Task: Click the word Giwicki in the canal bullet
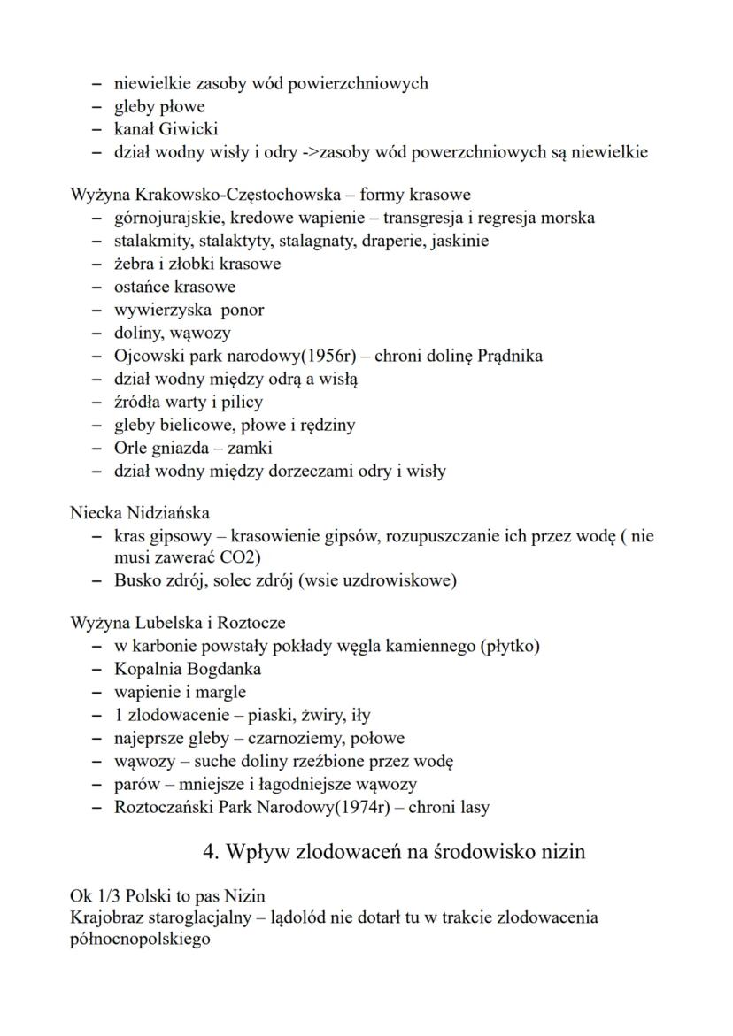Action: point(186,129)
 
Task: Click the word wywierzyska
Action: point(164,310)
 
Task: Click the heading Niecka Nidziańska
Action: point(140,513)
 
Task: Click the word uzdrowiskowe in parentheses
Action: point(403,581)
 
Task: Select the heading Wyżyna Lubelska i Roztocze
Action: point(177,623)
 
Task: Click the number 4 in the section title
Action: point(209,852)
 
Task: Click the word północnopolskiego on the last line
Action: point(140,939)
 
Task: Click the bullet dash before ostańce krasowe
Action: point(96,287)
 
